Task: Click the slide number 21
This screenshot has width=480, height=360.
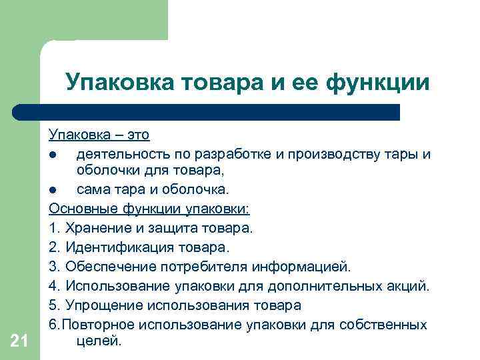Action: click(19, 341)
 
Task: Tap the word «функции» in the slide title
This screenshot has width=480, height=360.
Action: click(379, 84)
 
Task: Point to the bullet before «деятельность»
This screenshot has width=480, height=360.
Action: click(52, 155)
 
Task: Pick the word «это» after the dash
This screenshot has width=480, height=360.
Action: click(138, 135)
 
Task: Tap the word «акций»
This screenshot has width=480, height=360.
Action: click(408, 286)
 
